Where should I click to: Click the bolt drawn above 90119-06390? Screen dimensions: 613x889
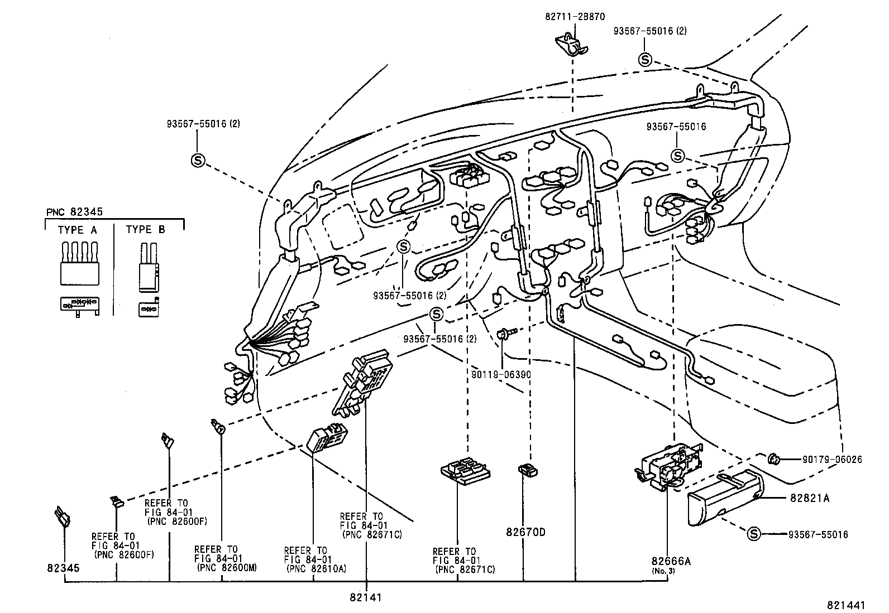click(503, 334)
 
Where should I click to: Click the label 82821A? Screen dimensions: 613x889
click(809, 498)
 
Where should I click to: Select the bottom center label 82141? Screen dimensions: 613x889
click(366, 597)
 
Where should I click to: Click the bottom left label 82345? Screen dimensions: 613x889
click(65, 568)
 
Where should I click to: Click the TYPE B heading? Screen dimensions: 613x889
click(146, 230)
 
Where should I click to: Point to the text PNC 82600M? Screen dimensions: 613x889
click(227, 568)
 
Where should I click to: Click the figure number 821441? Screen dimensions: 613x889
click(846, 605)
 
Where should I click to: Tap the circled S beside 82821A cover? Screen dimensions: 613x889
click(753, 534)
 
